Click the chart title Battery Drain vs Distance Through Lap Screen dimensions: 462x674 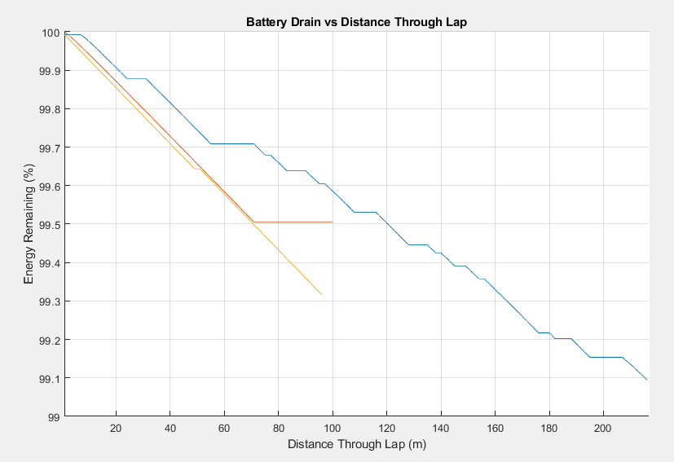click(x=356, y=22)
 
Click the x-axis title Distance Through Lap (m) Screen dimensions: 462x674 click(x=357, y=445)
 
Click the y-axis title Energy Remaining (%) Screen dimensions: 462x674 click(x=29, y=225)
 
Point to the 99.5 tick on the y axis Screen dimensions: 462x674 click(x=47, y=224)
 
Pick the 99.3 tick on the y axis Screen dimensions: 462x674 click(x=47, y=301)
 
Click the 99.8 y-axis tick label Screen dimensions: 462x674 click(x=47, y=109)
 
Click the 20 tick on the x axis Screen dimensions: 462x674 click(x=116, y=429)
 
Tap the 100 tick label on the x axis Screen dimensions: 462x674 click(x=333, y=429)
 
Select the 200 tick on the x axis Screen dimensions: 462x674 click(x=603, y=429)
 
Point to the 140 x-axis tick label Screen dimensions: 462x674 click(x=441, y=429)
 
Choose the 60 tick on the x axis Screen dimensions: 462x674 click(x=224, y=429)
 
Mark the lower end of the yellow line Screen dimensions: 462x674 click(x=322, y=294)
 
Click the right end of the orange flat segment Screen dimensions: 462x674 click(x=333, y=222)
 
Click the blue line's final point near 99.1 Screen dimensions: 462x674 click(x=647, y=380)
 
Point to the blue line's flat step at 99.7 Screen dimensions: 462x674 click(x=232, y=143)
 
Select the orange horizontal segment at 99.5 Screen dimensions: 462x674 click(x=293, y=222)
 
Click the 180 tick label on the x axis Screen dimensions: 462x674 click(x=549, y=429)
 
